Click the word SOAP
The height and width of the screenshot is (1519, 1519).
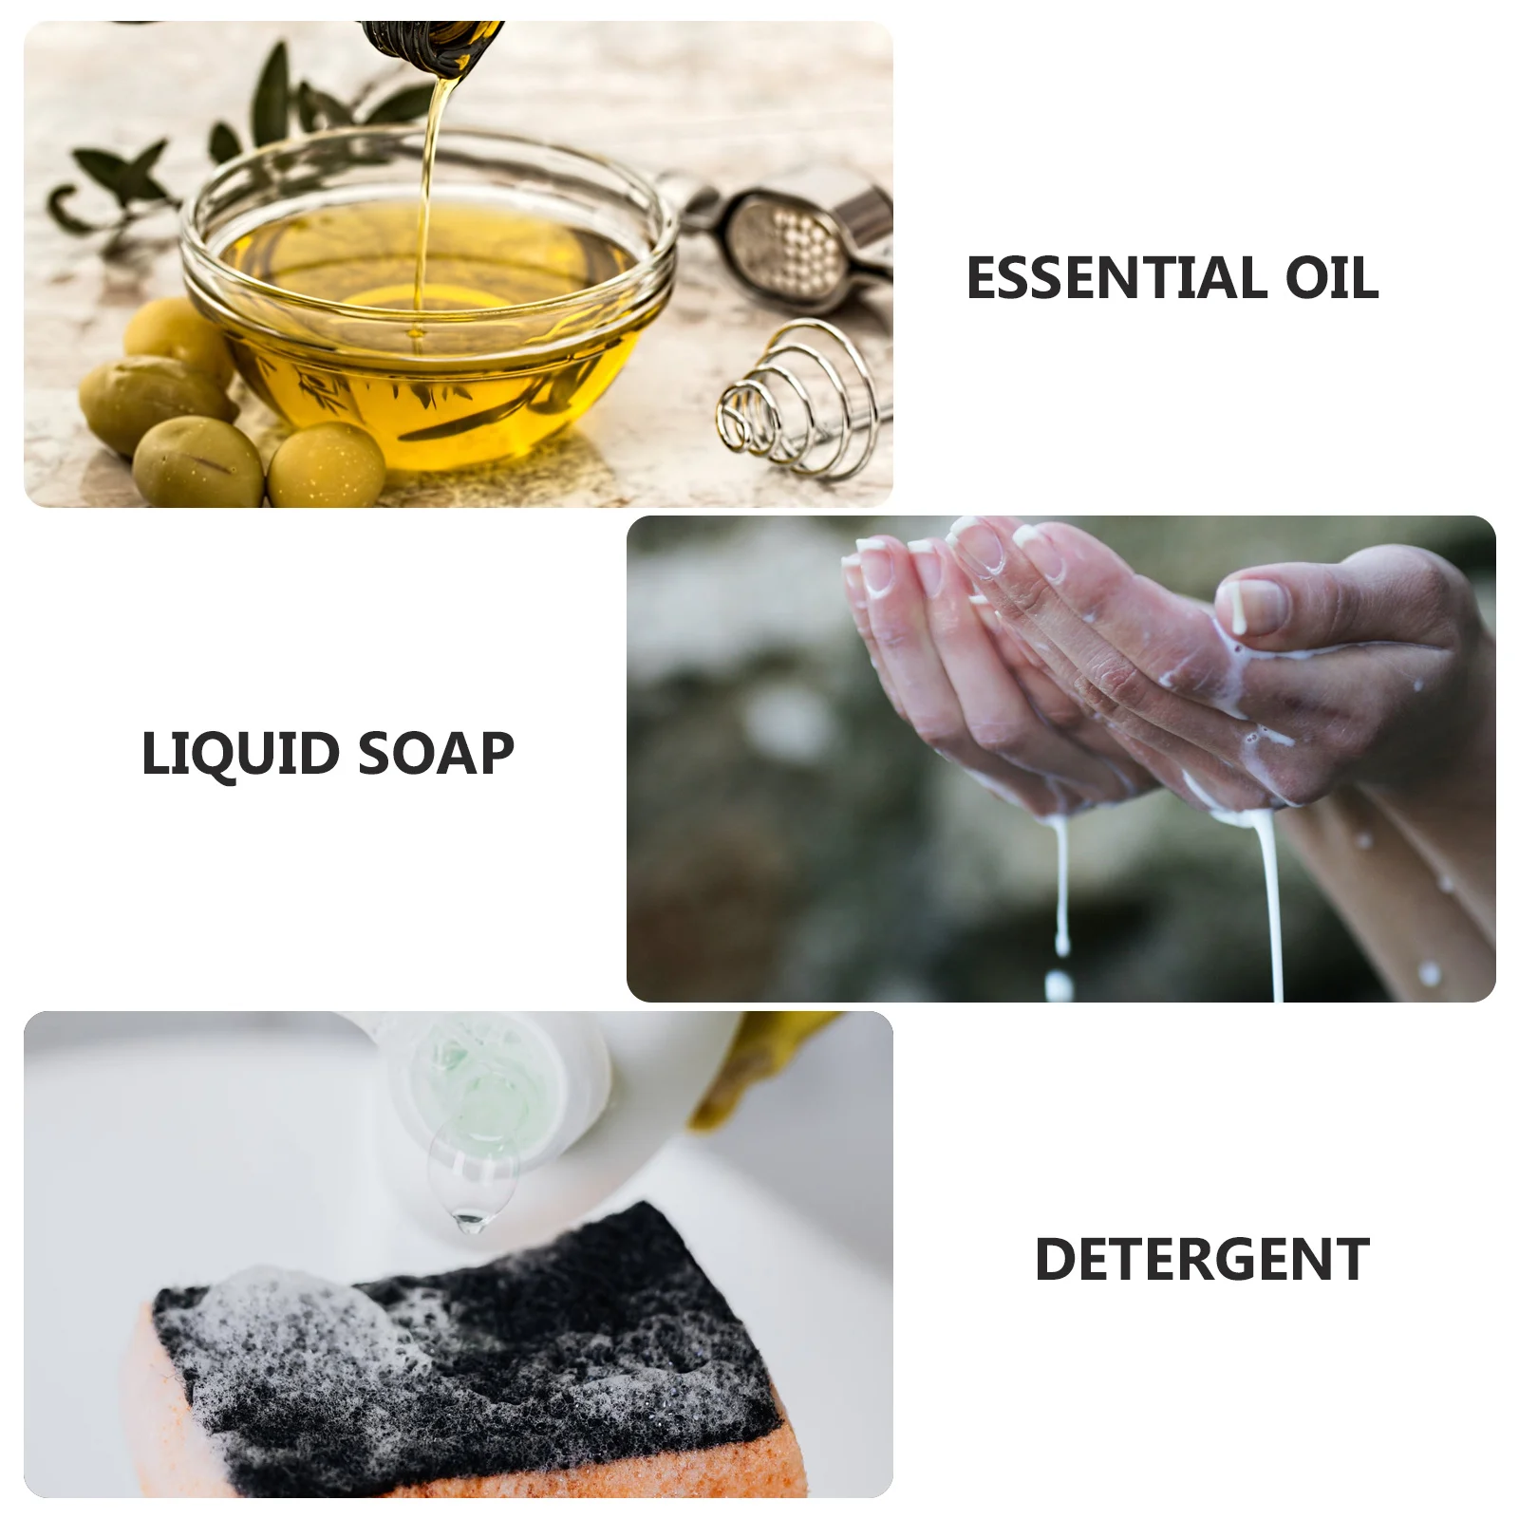tap(436, 754)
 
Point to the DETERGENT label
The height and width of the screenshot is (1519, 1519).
tap(1201, 1260)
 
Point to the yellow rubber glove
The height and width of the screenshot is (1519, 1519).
tap(750, 1063)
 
